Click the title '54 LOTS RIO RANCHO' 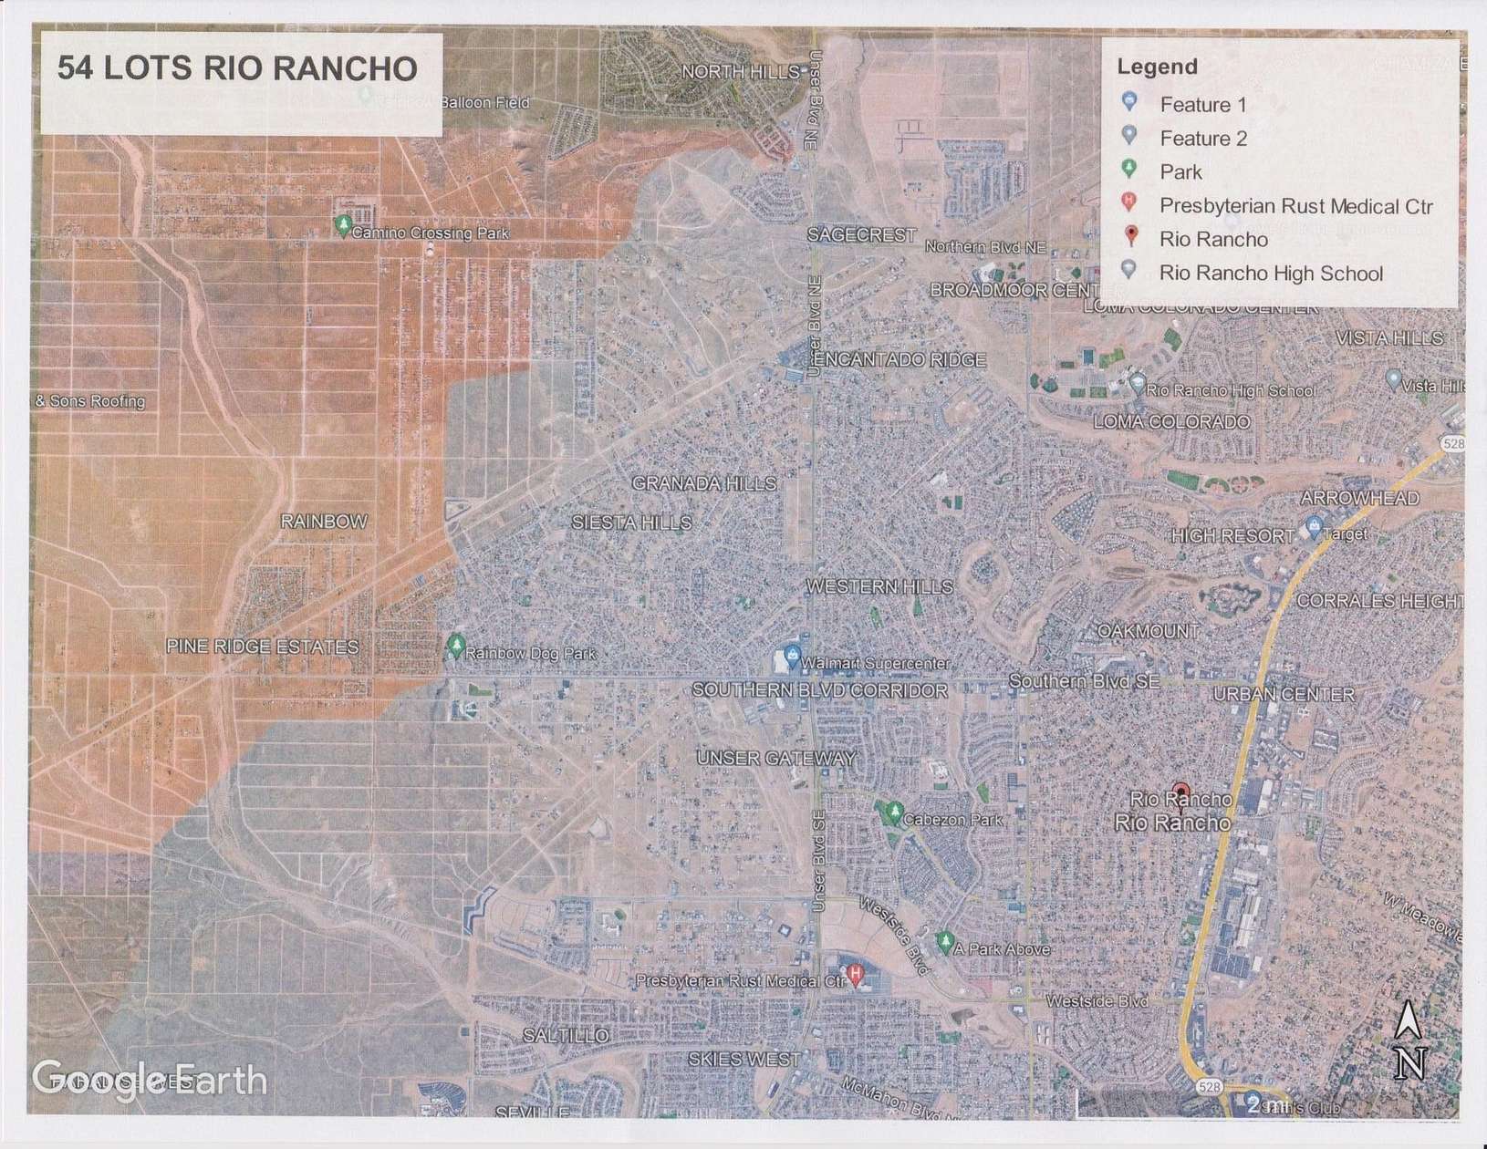(237, 68)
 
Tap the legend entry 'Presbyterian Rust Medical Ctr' (1295, 205)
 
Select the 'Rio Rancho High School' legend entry (1271, 273)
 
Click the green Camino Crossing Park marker (343, 225)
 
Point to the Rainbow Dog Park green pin (456, 647)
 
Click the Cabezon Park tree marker (893, 812)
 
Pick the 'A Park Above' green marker (945, 941)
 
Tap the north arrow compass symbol (1409, 1040)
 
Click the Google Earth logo (149, 1079)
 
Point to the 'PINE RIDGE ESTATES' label (262, 647)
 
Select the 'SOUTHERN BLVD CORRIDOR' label (819, 690)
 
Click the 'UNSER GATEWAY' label (776, 758)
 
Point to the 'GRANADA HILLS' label (703, 483)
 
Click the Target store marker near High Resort (1314, 526)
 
